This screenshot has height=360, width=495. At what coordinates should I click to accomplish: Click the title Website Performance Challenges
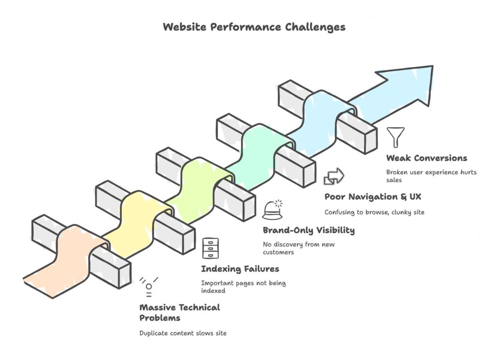click(x=254, y=27)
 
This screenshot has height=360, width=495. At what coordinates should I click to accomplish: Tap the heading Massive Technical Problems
click(x=179, y=313)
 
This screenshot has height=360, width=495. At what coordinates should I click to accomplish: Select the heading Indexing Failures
click(x=240, y=269)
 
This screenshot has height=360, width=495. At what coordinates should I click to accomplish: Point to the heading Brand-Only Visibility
click(x=308, y=230)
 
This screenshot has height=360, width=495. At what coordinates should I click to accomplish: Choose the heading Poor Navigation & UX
click(x=373, y=197)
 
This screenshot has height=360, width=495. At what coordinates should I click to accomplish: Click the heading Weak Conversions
click(x=426, y=158)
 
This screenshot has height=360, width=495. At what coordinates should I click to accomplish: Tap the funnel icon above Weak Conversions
click(x=396, y=137)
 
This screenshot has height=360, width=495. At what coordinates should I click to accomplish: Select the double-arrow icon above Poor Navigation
click(x=334, y=176)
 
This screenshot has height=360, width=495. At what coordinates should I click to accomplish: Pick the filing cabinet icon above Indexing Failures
click(x=210, y=248)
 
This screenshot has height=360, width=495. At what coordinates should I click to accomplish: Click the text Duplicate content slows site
click(x=183, y=333)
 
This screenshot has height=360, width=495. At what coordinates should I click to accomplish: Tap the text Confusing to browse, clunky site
click(x=374, y=212)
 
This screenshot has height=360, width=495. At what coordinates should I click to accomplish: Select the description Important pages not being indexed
click(x=243, y=286)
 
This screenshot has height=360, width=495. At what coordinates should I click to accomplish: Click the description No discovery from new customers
click(x=298, y=248)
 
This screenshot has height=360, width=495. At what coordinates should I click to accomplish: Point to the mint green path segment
click(x=256, y=150)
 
